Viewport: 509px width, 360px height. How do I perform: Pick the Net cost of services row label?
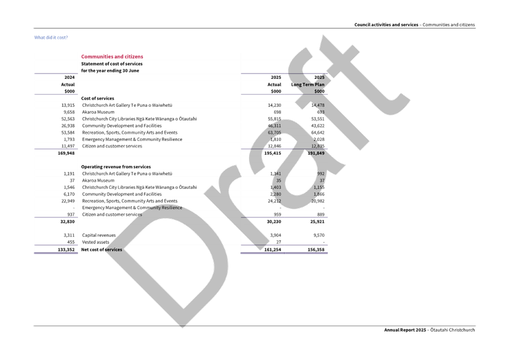102,249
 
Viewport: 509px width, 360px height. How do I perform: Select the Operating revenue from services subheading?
116,166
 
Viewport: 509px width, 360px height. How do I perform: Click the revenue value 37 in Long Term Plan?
322,180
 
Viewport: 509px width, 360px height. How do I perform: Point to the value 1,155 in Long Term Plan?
318,187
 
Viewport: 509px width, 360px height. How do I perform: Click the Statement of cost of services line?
112,64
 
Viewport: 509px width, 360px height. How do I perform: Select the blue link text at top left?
51,38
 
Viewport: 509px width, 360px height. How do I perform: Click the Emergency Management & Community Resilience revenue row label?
131,208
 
